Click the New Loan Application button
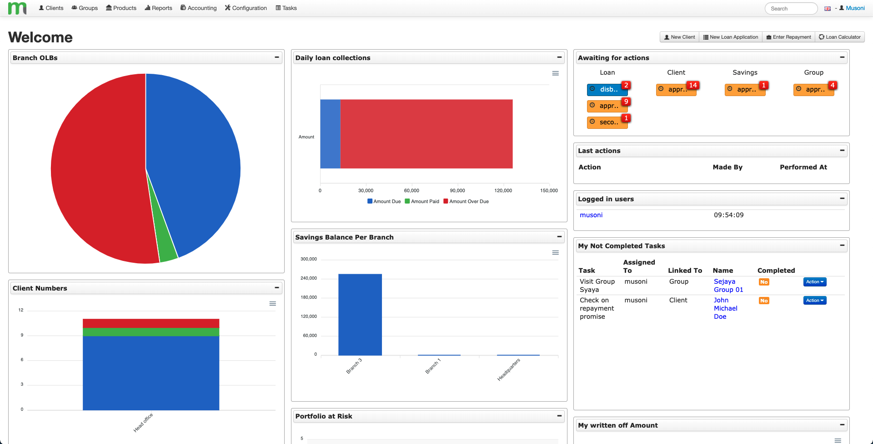point(730,37)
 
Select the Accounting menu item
point(198,8)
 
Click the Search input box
point(791,9)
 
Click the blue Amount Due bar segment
point(330,134)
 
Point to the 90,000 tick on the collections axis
point(457,190)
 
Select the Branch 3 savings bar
point(360,314)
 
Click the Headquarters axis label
point(509,369)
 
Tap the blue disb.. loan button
point(607,90)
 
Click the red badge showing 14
point(692,85)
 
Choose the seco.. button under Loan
point(607,122)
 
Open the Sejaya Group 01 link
point(728,286)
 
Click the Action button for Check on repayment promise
point(814,301)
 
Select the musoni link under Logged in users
point(591,215)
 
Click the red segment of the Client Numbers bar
point(151,323)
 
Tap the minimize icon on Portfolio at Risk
point(559,416)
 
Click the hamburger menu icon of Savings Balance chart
point(555,253)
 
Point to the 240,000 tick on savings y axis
point(309,278)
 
